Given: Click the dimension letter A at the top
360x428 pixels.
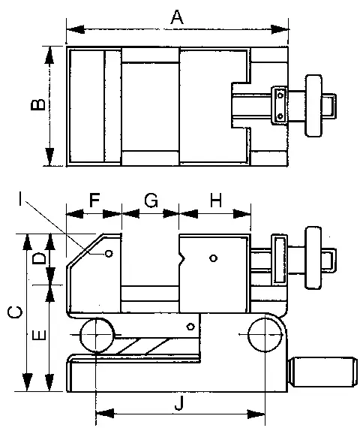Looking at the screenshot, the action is pyautogui.click(x=177, y=17).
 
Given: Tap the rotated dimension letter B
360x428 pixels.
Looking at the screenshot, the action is pyautogui.click(x=38, y=104).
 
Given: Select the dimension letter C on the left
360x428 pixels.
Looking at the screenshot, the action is pyautogui.click(x=15, y=312).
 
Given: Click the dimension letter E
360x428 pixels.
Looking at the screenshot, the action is pyautogui.click(x=39, y=335).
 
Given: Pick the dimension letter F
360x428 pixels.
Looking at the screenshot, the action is pyautogui.click(x=94, y=200).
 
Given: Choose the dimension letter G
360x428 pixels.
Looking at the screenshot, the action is pyautogui.click(x=151, y=200).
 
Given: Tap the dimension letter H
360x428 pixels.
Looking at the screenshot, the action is pyautogui.click(x=216, y=200).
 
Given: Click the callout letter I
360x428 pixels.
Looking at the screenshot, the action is pyautogui.click(x=20, y=198).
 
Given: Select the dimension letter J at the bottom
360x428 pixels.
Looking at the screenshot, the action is pyautogui.click(x=179, y=404).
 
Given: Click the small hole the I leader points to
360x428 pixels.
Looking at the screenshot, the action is pyautogui.click(x=109, y=254).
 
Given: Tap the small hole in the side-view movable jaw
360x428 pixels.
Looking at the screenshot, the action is pyautogui.click(x=214, y=258).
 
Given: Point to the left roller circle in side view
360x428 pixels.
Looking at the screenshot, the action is pyautogui.click(x=97, y=335).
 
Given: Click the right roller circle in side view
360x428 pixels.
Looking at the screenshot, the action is pyautogui.click(x=265, y=334).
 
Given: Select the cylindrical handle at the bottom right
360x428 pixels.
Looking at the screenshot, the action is pyautogui.click(x=322, y=372).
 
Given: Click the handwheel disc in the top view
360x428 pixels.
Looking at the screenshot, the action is pyautogui.click(x=313, y=106).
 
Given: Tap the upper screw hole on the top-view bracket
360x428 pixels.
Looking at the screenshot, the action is pyautogui.click(x=280, y=95).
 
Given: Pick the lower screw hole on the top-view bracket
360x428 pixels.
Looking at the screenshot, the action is pyautogui.click(x=280, y=116).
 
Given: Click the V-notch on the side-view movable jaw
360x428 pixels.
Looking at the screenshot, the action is pyautogui.click(x=182, y=258).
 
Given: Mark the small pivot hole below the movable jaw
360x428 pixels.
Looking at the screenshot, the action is pyautogui.click(x=190, y=327).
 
